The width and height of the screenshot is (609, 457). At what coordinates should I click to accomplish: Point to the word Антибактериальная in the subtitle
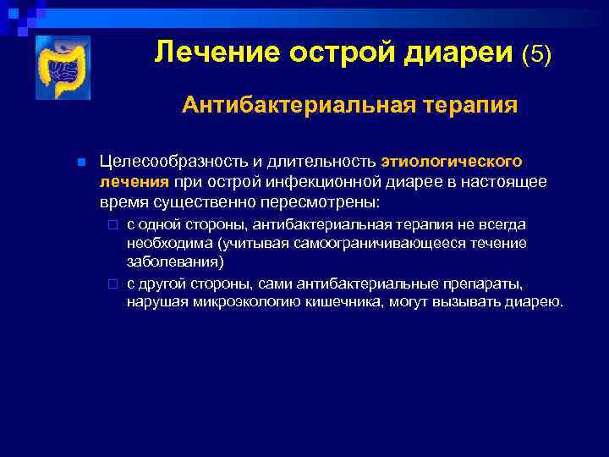coord(272,105)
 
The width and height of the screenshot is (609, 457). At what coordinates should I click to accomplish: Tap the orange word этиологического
coord(452,161)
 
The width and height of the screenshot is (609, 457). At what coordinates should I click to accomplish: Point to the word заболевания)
coord(175,262)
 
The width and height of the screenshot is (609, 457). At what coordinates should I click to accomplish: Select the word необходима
coord(169,243)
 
